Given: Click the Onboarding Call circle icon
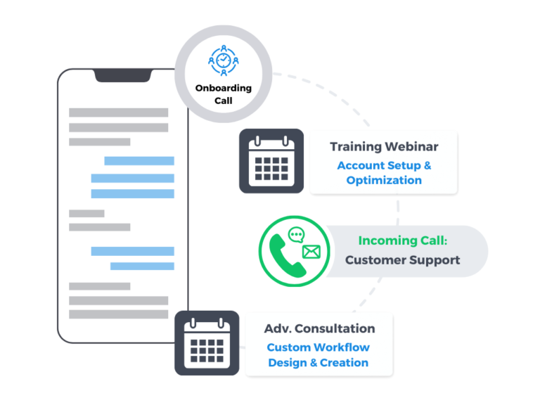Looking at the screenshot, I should pos(223,62).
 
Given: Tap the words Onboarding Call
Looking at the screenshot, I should pos(223,94).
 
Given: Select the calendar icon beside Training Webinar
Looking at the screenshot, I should pos(271,161).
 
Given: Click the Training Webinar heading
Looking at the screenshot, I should pos(384,147).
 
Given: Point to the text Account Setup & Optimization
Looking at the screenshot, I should pos(384,172).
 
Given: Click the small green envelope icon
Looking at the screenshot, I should pos(310,251).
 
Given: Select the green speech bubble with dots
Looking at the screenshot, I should pos(297,236).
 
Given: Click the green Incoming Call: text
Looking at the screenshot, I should pos(402,240).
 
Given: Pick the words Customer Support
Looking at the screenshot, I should pos(402,260).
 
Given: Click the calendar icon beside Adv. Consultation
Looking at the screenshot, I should pos(207,343).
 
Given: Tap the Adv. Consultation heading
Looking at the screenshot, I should pos(319,328).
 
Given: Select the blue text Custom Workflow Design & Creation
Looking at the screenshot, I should pos(319,355).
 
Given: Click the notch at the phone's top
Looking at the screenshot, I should pos(124,75).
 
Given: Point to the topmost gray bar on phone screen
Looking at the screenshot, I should pos(118,112).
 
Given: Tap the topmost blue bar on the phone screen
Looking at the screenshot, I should pos(139,161).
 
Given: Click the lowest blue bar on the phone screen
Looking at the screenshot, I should pos(142,266).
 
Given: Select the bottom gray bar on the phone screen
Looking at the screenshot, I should pos(118,314).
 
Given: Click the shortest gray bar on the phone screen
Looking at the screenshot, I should pos(86,214).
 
